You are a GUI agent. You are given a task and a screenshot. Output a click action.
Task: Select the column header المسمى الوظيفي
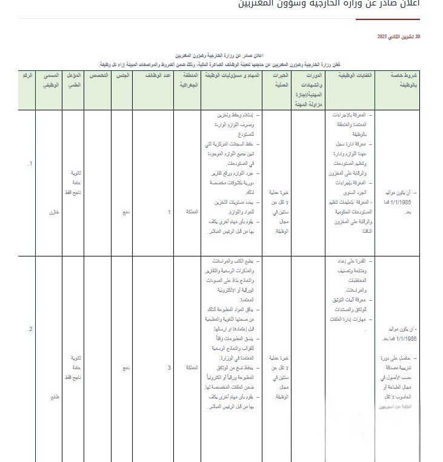coord(53,80)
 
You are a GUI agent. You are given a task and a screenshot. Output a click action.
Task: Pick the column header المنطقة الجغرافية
coord(186,80)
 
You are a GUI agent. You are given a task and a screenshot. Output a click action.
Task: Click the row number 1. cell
coord(29,164)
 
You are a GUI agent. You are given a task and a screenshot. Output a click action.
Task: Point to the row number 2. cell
coord(29,329)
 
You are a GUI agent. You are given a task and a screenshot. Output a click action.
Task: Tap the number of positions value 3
coord(170,368)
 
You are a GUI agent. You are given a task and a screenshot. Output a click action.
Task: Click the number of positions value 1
coord(170,212)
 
